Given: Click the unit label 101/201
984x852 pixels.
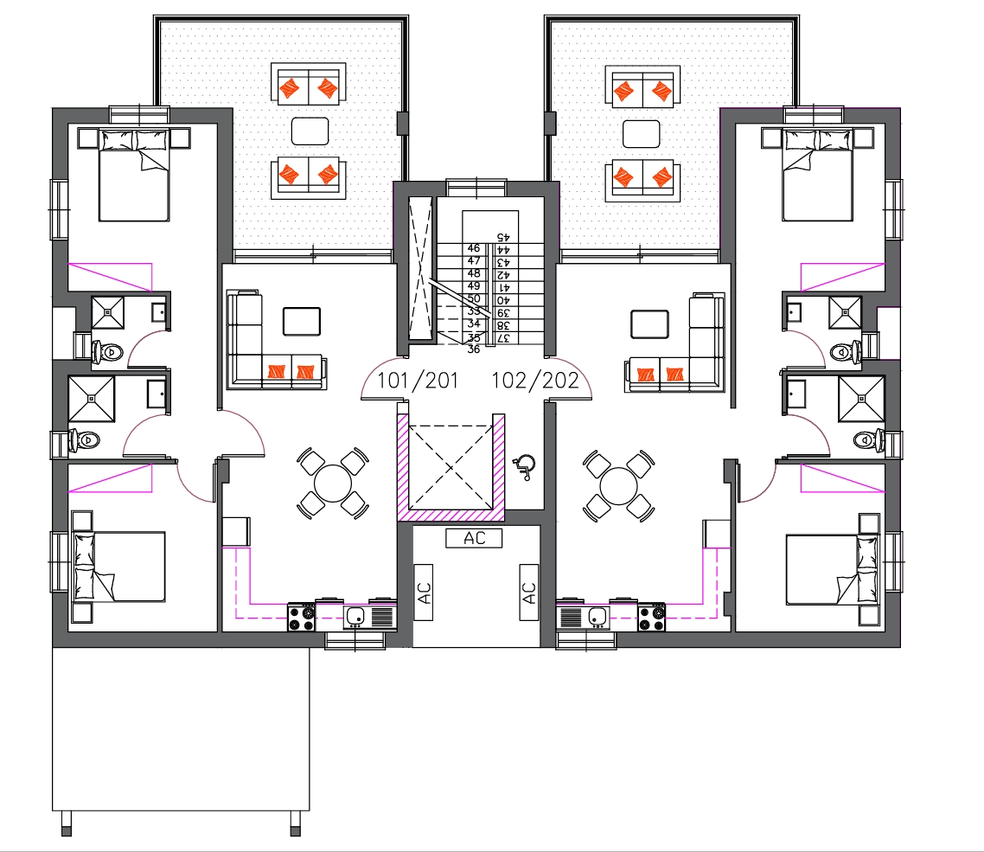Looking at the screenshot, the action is (418, 381).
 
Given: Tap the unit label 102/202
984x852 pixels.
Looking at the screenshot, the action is (534, 381).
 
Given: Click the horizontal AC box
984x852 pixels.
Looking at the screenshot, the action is (474, 538).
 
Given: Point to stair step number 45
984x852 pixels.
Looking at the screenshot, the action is (503, 237).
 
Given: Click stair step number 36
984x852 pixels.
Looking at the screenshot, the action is (473, 349).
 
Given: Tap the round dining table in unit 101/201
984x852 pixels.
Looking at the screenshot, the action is (333, 484).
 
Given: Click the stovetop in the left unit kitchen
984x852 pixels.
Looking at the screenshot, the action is (301, 617).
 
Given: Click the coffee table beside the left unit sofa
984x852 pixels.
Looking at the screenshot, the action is (302, 322).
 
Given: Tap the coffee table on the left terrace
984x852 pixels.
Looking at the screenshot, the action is (310, 131).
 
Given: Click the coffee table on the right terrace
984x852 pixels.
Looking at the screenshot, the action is (642, 134).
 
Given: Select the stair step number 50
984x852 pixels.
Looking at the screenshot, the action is (474, 299).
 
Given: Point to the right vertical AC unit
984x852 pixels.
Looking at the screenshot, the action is (528, 592).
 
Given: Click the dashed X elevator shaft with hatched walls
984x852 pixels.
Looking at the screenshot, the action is (451, 467).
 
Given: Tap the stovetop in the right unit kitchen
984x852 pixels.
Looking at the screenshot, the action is (651, 617).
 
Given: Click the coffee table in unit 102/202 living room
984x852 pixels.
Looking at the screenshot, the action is (650, 324).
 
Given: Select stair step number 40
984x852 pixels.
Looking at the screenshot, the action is (503, 300).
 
